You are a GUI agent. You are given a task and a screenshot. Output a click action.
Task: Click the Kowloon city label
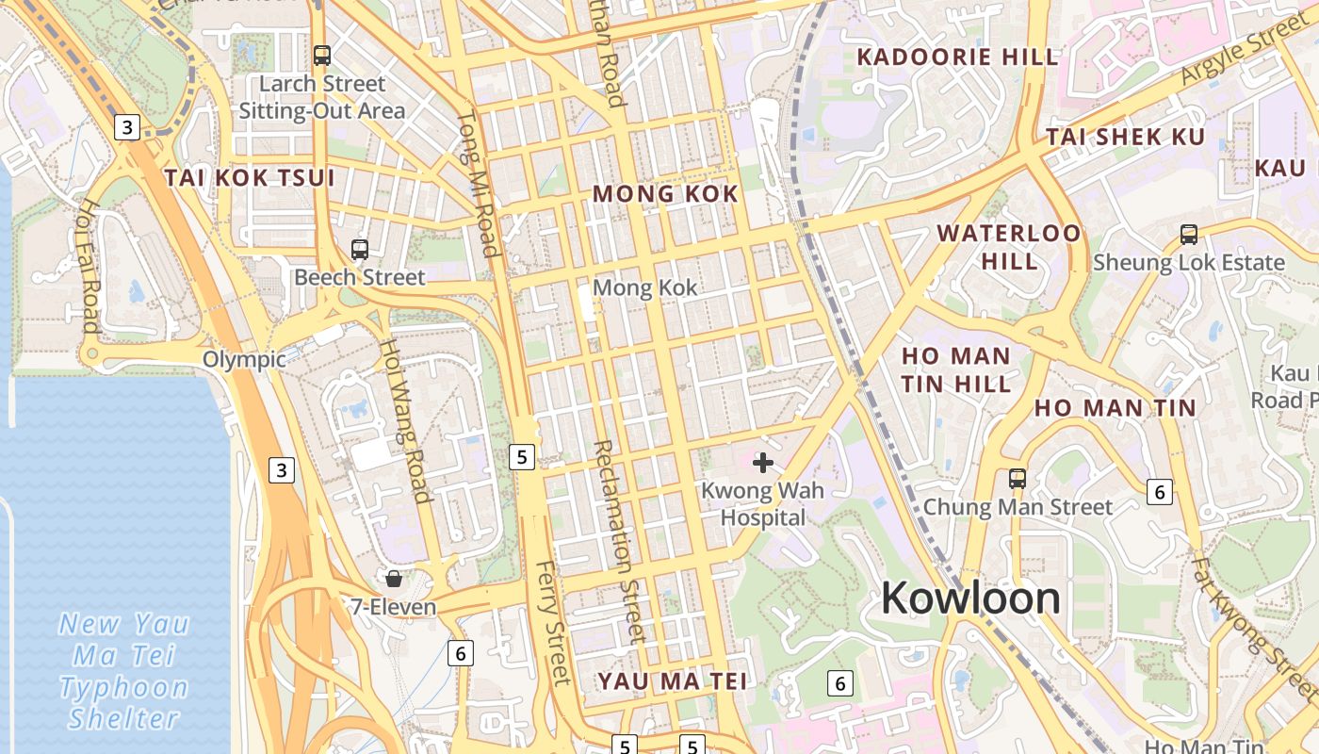[970, 598]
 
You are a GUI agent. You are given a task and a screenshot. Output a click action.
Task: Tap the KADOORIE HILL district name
[957, 57]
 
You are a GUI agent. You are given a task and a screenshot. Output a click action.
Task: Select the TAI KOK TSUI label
[250, 178]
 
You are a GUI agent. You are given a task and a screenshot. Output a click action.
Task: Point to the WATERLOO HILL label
[1009, 246]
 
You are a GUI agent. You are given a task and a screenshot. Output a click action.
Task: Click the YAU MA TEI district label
[673, 680]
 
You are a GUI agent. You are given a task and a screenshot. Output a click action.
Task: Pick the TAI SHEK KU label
[1126, 137]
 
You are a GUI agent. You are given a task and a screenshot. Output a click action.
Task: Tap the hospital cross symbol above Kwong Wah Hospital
[763, 463]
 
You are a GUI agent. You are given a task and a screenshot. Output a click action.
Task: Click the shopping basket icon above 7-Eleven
[394, 578]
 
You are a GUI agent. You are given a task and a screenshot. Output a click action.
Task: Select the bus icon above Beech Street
[359, 250]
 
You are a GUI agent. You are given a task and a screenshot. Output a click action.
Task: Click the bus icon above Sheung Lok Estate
[1189, 234]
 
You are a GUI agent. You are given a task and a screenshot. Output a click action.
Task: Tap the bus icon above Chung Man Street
[1018, 478]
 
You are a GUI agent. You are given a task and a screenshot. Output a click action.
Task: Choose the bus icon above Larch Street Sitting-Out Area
[322, 56]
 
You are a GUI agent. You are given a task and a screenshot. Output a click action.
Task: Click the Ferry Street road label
[553, 622]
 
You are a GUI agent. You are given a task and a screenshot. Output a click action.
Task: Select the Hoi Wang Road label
[405, 420]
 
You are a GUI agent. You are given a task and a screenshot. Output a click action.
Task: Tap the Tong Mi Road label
[478, 184]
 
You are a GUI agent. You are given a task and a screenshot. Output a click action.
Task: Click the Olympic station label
[244, 360]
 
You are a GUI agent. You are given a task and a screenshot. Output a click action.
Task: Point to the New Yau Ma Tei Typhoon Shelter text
[123, 670]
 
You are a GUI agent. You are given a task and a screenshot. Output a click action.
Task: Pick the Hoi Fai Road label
[90, 266]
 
